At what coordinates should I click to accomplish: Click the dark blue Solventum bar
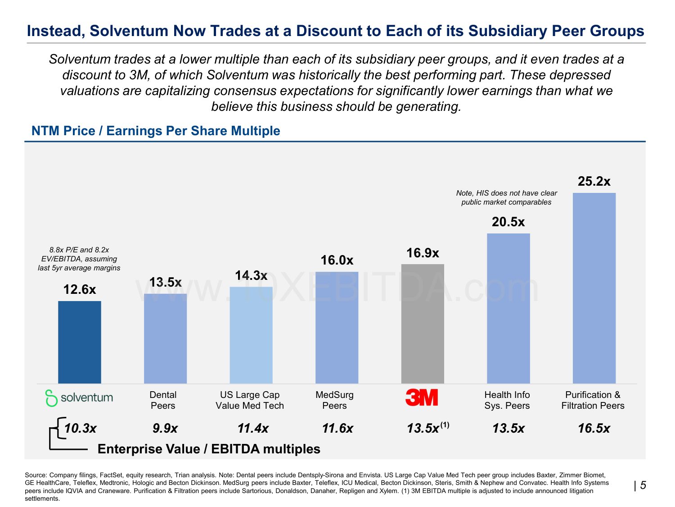tap(80, 342)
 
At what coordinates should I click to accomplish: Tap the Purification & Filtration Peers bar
tap(594, 288)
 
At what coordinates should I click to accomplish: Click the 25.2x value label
tap(594, 182)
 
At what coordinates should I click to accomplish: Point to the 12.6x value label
tap(80, 289)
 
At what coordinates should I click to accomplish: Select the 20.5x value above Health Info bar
tap(508, 222)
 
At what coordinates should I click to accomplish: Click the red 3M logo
tap(422, 397)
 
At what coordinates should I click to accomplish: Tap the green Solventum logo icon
tap(51, 398)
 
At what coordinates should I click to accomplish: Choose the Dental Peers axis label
tap(163, 400)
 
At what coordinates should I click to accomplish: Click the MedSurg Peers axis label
tap(334, 400)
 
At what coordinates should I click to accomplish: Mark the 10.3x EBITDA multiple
tap(81, 428)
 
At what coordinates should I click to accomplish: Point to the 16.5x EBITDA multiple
tap(594, 428)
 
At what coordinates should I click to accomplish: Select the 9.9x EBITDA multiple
tap(165, 428)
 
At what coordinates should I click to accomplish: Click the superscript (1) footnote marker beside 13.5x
tap(445, 425)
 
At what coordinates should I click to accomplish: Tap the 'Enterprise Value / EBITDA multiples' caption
tap(209, 449)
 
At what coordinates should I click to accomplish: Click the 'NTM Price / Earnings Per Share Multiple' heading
tap(156, 131)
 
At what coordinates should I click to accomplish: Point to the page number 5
tap(643, 485)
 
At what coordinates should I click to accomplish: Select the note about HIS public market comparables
tap(506, 197)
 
